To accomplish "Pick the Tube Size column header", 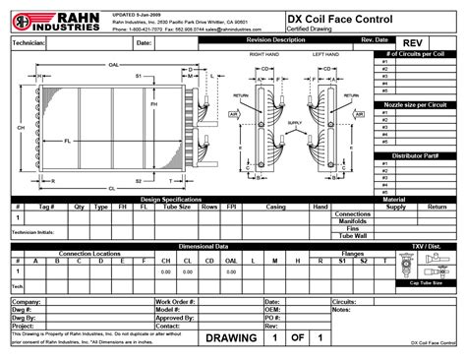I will [177, 208].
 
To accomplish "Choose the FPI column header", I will [230, 208].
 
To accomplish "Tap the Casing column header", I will [275, 208].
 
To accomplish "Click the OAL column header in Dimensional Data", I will [231, 261].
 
